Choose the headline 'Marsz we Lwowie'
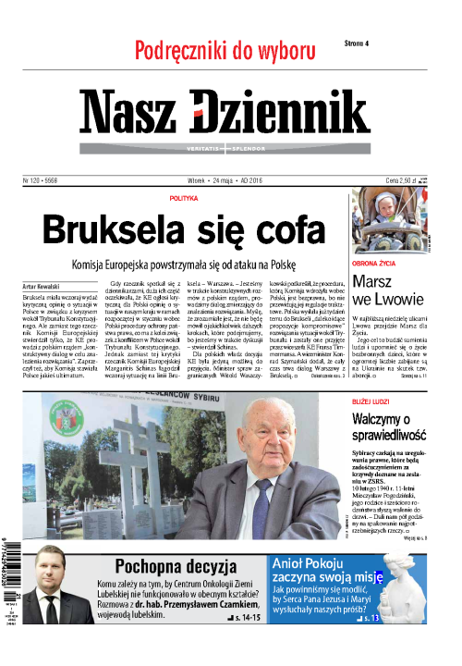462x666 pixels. coord(389,290)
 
